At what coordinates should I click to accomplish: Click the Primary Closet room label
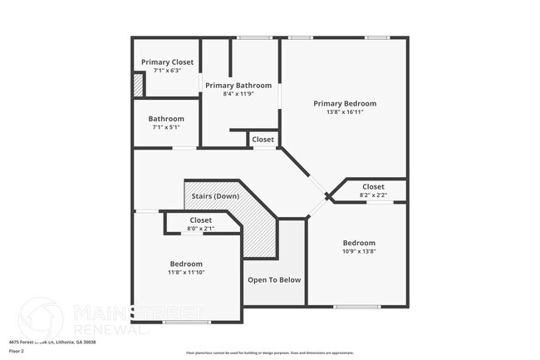(x=166, y=62)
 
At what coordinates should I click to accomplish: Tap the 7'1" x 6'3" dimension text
(x=166, y=71)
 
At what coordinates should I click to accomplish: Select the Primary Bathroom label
(x=238, y=86)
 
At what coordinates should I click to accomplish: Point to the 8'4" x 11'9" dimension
(x=238, y=94)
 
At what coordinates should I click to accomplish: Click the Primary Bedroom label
(x=345, y=104)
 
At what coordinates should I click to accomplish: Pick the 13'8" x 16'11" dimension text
(x=345, y=112)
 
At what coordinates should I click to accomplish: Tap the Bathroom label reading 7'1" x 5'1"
(x=166, y=120)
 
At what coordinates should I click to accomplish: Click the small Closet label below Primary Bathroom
(x=263, y=140)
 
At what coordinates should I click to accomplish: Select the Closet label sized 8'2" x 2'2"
(x=373, y=187)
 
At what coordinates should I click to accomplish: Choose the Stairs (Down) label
(x=215, y=196)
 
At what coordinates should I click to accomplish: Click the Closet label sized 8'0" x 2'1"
(x=200, y=220)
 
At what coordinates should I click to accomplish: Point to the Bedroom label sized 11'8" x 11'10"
(x=186, y=264)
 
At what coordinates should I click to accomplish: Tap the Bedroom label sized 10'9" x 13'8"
(x=359, y=244)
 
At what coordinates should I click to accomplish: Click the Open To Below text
(x=274, y=280)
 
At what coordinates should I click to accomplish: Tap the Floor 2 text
(x=17, y=352)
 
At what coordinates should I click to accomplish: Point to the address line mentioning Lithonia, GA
(x=52, y=343)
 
